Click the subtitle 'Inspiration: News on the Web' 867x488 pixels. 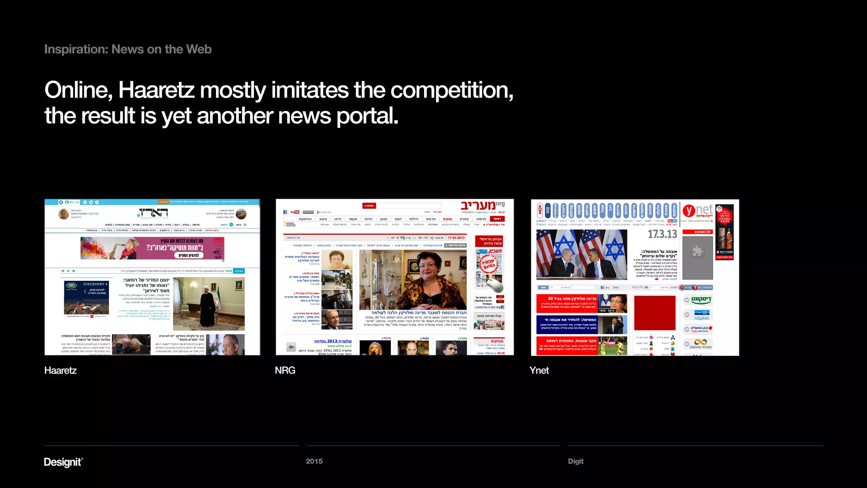click(128, 50)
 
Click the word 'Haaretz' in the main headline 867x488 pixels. click(156, 90)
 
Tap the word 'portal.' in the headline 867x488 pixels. click(367, 116)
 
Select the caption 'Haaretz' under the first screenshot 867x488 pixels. click(61, 371)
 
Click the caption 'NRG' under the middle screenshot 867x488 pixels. click(285, 371)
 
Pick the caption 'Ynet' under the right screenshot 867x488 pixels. click(539, 371)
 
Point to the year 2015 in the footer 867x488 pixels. click(314, 461)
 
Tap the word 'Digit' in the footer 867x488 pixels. click(575, 461)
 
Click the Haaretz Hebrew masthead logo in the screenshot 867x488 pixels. click(153, 213)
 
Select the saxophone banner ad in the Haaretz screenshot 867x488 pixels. click(152, 248)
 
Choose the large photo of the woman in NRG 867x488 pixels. click(413, 280)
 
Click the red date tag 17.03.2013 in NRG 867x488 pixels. click(456, 238)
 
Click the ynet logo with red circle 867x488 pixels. click(697, 210)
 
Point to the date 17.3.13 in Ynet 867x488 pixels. click(662, 234)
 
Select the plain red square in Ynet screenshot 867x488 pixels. click(654, 313)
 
